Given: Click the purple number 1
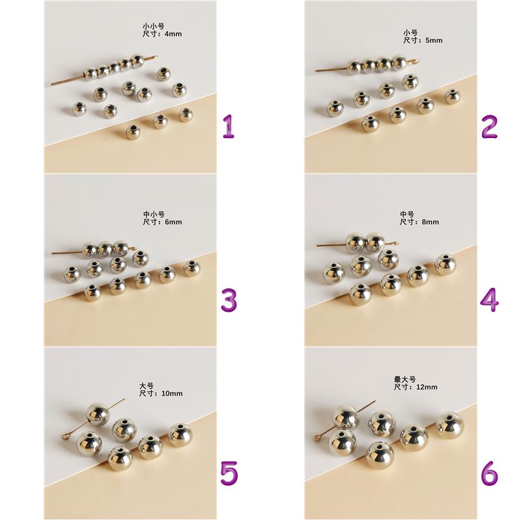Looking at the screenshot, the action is (229, 126).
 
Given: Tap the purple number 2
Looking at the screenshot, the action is (490, 126).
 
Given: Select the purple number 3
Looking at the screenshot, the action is (229, 300).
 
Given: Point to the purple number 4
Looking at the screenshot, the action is (490, 300).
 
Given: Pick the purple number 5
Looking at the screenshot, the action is (229, 473).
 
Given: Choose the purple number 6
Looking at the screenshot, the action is (490, 473).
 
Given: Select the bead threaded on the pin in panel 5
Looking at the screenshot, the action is (97, 414).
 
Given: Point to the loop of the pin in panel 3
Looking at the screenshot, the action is (134, 248).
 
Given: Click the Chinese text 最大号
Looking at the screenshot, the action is (404, 379).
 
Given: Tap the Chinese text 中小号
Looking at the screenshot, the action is (154, 214).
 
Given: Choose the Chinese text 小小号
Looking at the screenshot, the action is (154, 26).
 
